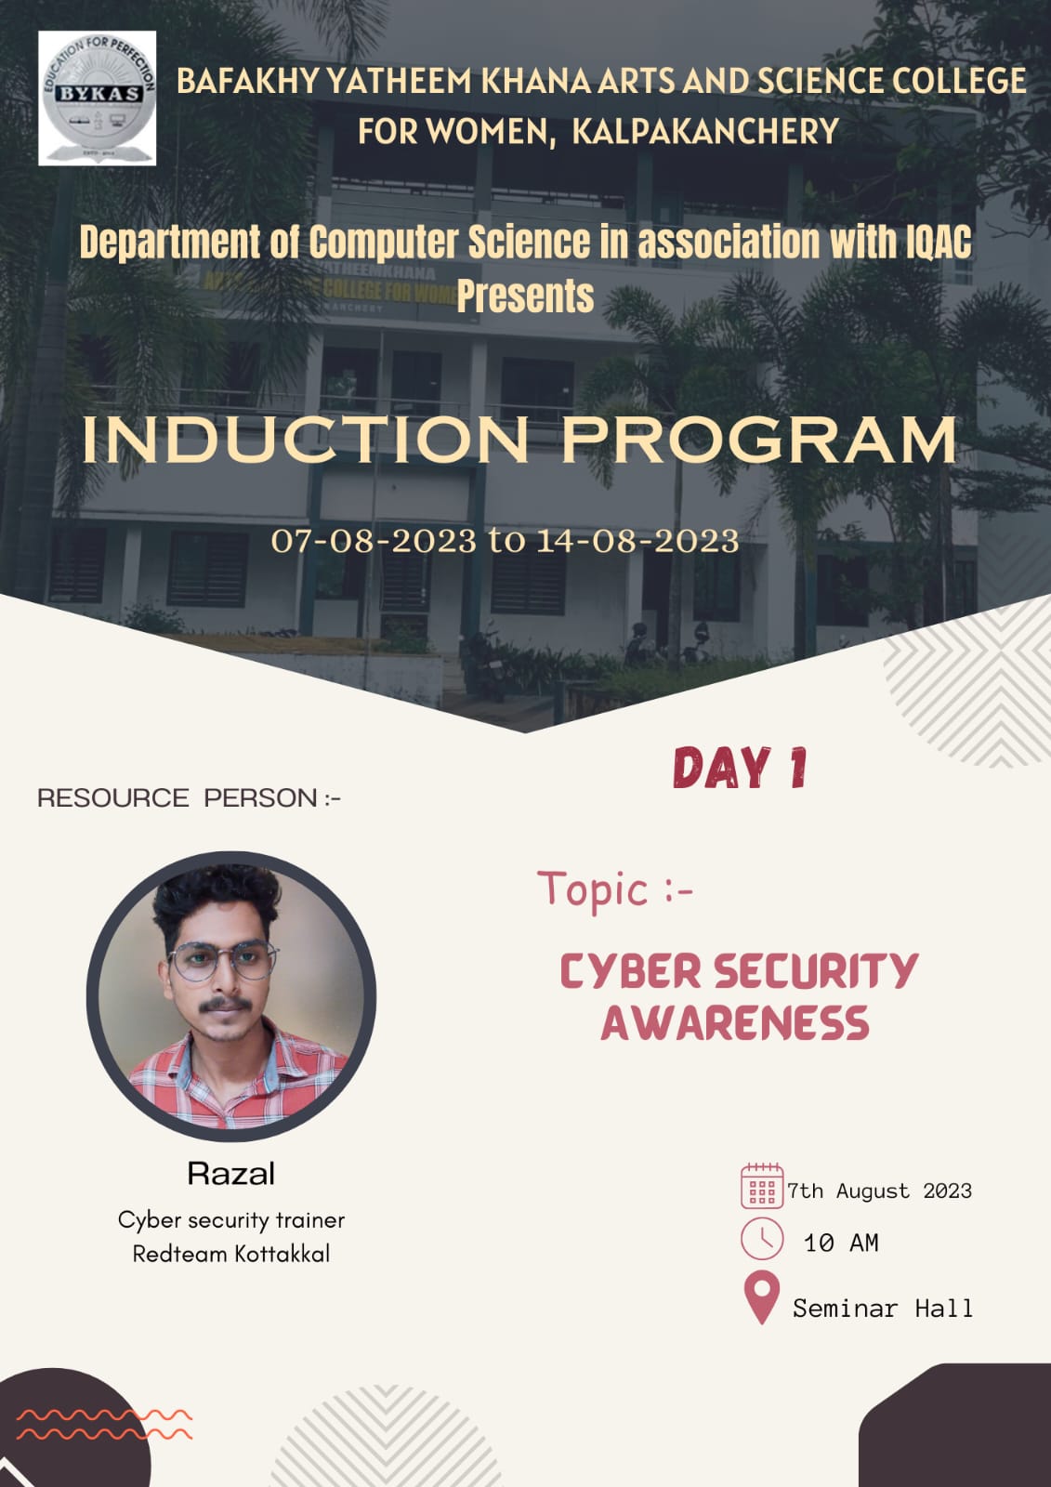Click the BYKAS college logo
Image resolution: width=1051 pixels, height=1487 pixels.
(97, 99)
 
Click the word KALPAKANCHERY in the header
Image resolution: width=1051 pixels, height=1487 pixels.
(705, 131)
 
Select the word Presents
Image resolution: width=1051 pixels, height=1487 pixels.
(525, 296)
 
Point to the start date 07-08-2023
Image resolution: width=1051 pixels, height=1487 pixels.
(374, 540)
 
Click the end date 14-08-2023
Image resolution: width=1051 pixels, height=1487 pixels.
(637, 540)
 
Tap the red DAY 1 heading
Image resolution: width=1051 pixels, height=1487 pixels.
(741, 768)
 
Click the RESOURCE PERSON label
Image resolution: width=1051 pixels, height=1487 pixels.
(189, 798)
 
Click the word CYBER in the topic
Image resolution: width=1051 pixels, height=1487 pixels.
(631, 971)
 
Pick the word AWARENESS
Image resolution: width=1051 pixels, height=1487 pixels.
(735, 1023)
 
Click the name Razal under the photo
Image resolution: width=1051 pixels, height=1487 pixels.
(231, 1174)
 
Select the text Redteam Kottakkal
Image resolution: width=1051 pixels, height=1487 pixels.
(231, 1254)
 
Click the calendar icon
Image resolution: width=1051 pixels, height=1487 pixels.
(762, 1186)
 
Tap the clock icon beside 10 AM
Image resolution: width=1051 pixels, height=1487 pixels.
(762, 1239)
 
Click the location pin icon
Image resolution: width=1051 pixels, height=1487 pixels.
(762, 1297)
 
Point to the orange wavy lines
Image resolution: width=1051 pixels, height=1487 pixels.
(104, 1425)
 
